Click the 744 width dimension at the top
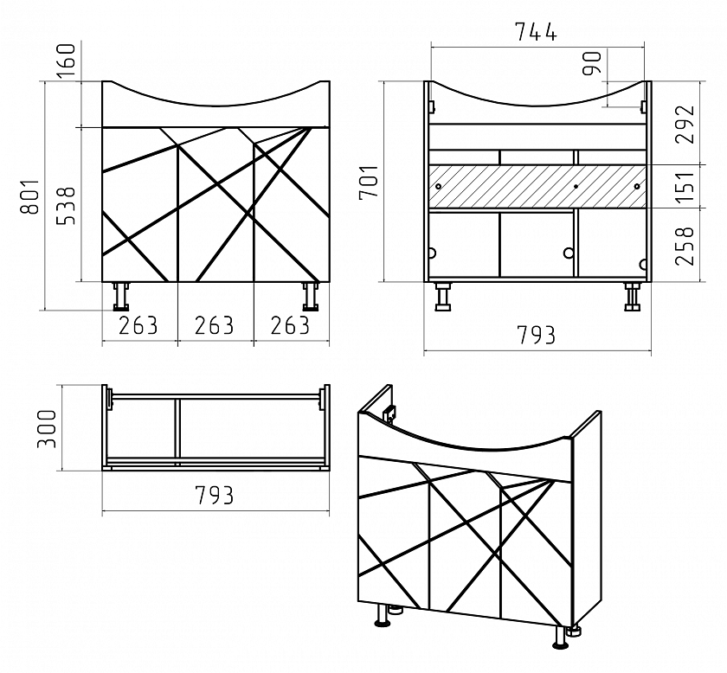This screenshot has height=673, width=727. click(x=536, y=31)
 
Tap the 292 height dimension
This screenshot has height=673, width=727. click(x=685, y=125)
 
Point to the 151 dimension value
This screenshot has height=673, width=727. click(x=685, y=187)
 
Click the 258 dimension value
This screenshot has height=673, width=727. click(x=685, y=246)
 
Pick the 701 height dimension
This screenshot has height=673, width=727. click(x=369, y=182)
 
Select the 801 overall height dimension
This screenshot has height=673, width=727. click(x=30, y=196)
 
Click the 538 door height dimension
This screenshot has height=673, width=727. click(x=66, y=206)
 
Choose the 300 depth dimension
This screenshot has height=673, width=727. click(x=47, y=429)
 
